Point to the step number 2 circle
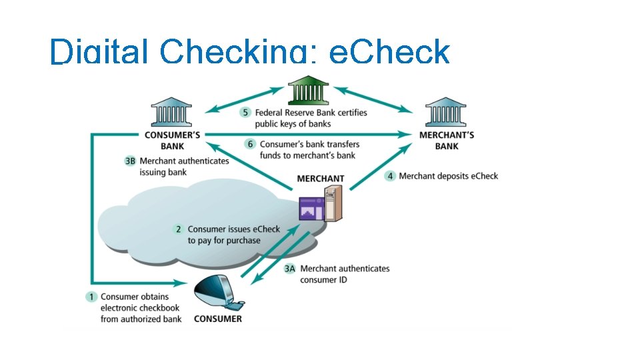[x=178, y=229]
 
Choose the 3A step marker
[x=289, y=269]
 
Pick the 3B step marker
[x=130, y=161]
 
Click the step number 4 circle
[x=389, y=176]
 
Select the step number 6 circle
[x=250, y=144]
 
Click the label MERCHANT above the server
[x=320, y=179]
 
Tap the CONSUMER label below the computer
[x=218, y=319]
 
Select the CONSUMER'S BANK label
[x=172, y=140]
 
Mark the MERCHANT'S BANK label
[x=447, y=140]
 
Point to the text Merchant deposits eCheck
[x=448, y=176]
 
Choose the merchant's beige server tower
[x=333, y=204]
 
